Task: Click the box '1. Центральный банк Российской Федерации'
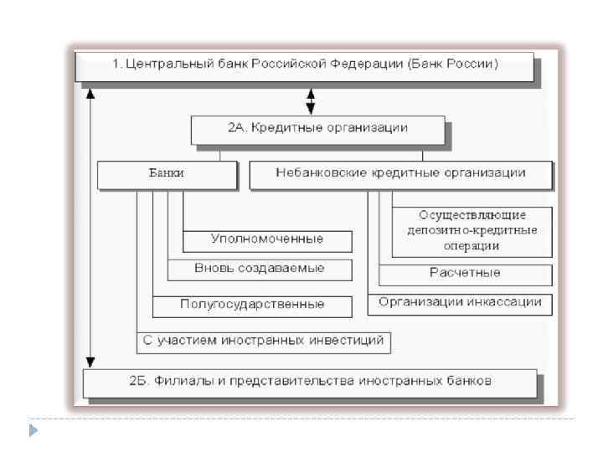[x=303, y=64]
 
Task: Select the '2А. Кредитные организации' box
[x=317, y=128]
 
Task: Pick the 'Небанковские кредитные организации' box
[x=400, y=173]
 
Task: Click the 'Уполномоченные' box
[x=266, y=239]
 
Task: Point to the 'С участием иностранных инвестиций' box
[x=263, y=340]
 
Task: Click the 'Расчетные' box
[x=465, y=273]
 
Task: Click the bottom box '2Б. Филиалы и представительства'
[x=310, y=381]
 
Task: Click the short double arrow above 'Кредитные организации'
[x=312, y=101]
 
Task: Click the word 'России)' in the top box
[x=473, y=64]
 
